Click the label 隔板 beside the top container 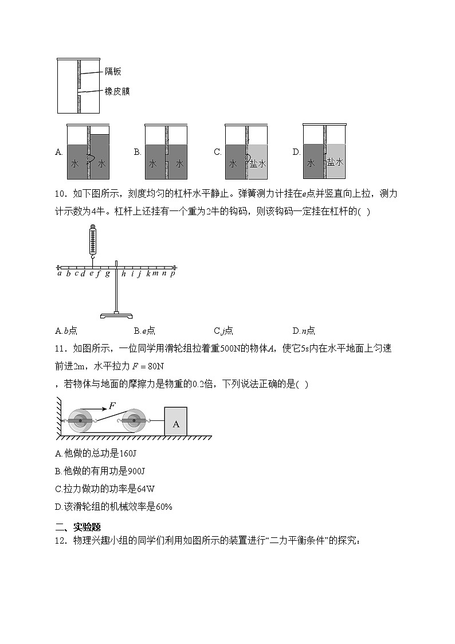point(113,72)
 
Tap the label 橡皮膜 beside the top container point(117,91)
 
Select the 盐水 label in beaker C point(258,163)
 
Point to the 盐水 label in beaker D point(335,162)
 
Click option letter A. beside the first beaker point(58,153)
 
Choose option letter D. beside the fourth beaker point(296,153)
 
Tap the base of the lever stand point(116,315)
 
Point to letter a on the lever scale point(60,274)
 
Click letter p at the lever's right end point(172,274)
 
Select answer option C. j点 point(223,330)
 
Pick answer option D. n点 point(304,330)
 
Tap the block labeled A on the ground point(176,423)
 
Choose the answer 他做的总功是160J point(95,454)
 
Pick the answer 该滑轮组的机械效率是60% point(113,506)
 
